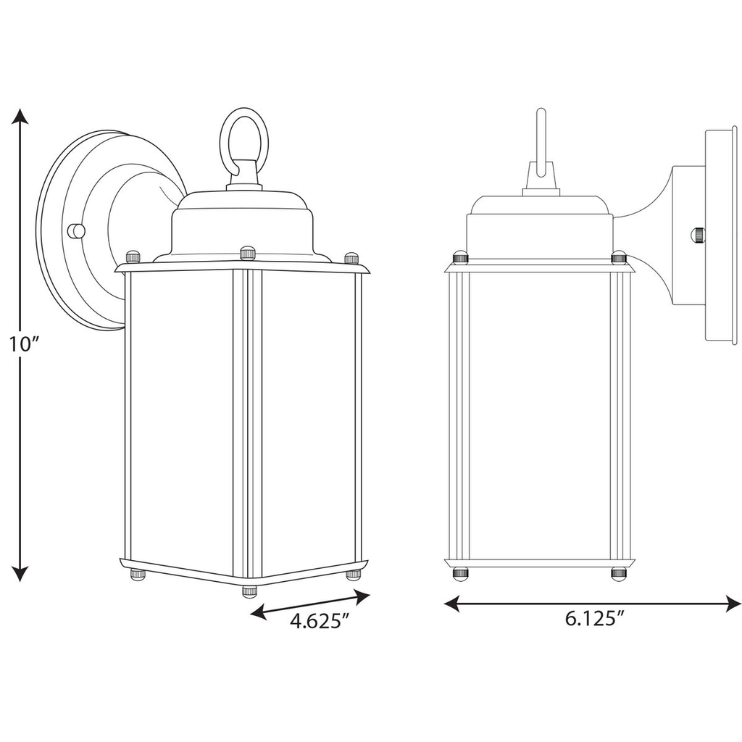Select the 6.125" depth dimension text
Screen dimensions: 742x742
[593, 618]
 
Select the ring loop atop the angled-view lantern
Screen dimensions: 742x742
[244, 138]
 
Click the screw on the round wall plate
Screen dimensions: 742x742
[75, 231]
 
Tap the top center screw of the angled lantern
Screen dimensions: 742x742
[248, 253]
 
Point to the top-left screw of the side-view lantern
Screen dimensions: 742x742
[459, 258]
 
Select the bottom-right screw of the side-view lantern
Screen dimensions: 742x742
[618, 573]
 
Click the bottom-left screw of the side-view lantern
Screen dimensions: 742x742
[459, 573]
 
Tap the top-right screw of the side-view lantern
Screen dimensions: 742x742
[618, 258]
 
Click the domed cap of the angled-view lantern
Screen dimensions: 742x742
[243, 226]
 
